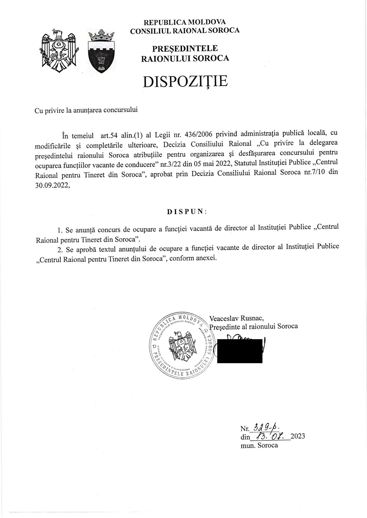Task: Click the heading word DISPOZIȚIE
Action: click(185, 81)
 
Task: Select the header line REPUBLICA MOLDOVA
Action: click(185, 22)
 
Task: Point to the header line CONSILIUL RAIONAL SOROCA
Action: click(185, 30)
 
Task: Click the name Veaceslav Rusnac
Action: click(236, 318)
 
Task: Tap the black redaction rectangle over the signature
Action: click(240, 351)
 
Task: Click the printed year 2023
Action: click(298, 437)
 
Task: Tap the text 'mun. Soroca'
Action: click(259, 445)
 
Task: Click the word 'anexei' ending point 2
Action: click(208, 258)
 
